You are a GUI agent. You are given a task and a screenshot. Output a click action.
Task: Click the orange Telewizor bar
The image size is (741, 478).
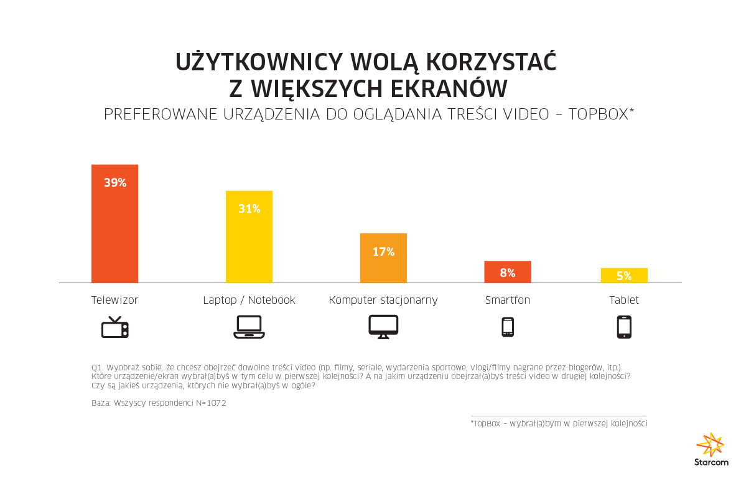coord(114,224)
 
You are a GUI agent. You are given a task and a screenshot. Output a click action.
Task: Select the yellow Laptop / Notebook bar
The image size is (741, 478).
coord(249,237)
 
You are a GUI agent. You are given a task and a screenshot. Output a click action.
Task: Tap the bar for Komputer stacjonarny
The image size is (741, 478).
coord(383,258)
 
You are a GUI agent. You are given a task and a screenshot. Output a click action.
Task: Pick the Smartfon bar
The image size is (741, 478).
coord(508,272)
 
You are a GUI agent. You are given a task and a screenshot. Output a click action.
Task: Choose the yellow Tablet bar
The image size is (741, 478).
coord(624,276)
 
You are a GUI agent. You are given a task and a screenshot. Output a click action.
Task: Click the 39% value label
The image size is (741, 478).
coord(115,182)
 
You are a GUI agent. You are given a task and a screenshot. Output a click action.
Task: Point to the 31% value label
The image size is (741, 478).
coord(249,209)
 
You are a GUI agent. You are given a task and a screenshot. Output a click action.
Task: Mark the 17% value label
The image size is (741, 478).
coord(383,251)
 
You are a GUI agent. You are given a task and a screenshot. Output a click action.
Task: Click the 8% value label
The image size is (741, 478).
coord(508,273)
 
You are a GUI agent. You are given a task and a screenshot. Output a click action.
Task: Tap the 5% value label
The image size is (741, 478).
coord(624,276)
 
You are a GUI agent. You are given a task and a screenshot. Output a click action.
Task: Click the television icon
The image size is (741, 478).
coord(115,327)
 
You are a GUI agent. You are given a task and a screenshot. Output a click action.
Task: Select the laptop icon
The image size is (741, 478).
coord(249,327)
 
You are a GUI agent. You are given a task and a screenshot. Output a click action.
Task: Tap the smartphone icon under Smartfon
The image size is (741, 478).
coord(508,327)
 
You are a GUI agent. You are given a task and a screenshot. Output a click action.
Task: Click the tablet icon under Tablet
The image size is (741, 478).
coord(624,327)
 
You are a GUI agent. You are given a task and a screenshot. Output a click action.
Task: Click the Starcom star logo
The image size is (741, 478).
coord(711,445)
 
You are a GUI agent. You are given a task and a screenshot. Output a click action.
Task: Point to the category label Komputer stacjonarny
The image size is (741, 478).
coord(383,300)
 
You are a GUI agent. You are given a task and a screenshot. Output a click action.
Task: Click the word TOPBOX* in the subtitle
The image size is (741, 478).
coord(601,115)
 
